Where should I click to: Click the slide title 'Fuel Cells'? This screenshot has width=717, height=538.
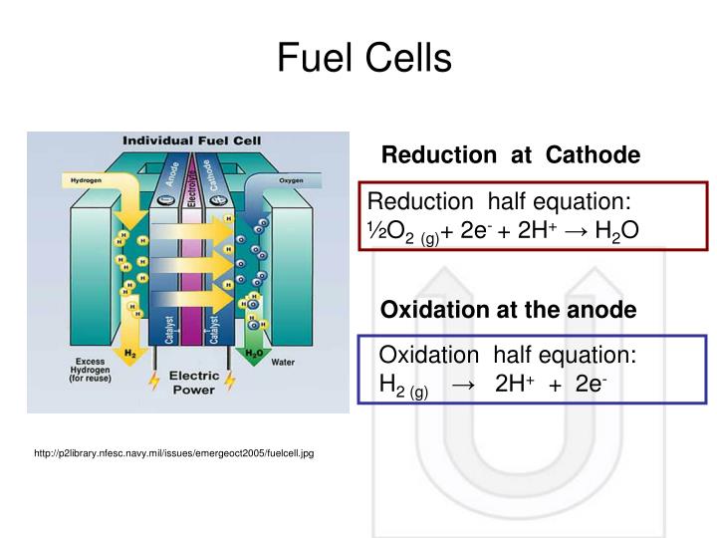coord(364,59)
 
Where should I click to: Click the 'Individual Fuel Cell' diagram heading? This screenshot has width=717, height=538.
coord(186,141)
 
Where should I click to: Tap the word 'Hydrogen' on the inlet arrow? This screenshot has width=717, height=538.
coord(86,180)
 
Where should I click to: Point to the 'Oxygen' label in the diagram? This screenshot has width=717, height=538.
coord(291,180)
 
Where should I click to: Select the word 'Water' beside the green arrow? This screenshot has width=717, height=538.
coord(283,362)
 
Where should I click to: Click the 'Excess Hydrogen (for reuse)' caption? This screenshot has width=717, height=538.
coord(89,371)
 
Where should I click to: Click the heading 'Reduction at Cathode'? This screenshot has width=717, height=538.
coord(511,155)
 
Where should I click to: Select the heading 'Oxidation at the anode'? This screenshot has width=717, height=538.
coord(509,310)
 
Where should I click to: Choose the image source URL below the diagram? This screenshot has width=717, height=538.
coord(173,453)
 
